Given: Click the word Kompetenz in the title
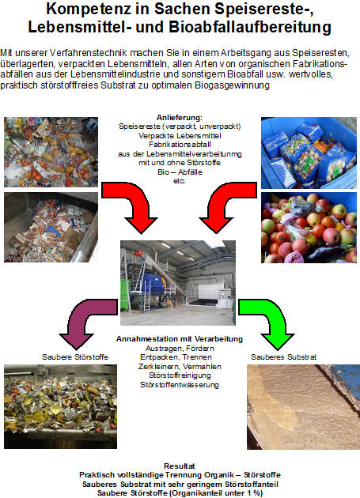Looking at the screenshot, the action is pyautogui.click(x=88, y=9).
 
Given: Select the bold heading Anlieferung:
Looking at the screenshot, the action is pyautogui.click(x=180, y=118).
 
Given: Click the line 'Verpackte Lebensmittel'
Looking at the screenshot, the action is pyautogui.click(x=180, y=136).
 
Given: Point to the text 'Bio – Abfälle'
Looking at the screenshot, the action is pyautogui.click(x=180, y=172).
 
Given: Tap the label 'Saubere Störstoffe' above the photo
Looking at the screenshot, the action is pyautogui.click(x=75, y=357).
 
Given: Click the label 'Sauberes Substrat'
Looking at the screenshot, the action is pyautogui.click(x=284, y=357).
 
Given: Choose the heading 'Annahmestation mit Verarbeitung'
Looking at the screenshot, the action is pyautogui.click(x=180, y=339).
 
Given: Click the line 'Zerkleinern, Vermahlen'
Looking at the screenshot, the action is pyautogui.click(x=180, y=367).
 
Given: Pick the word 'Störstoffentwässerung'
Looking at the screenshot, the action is pyautogui.click(x=180, y=385).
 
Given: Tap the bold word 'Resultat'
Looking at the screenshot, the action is pyautogui.click(x=180, y=466).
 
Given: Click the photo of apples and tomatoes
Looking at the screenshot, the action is pyautogui.click(x=309, y=228).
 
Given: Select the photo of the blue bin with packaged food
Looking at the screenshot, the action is pyautogui.click(x=309, y=153).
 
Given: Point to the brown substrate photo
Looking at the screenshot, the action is pyautogui.click(x=303, y=407).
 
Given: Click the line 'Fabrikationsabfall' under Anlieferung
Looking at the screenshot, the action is pyautogui.click(x=180, y=145).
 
